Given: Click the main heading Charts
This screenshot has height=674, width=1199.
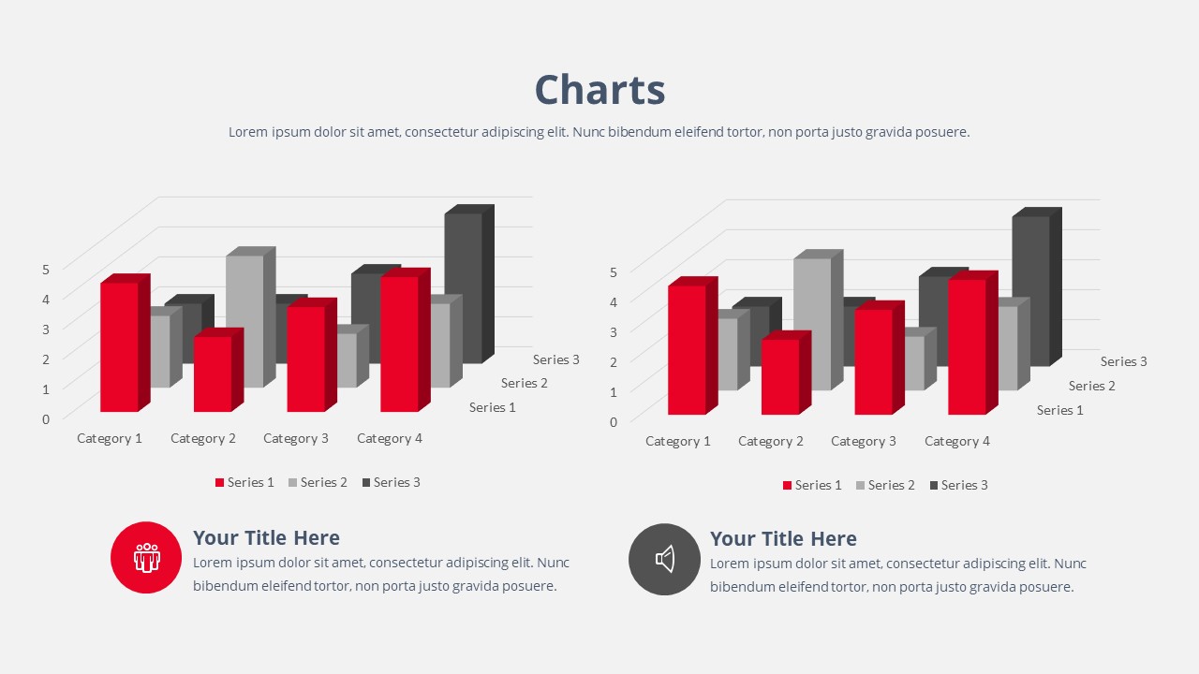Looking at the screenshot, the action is [x=599, y=90].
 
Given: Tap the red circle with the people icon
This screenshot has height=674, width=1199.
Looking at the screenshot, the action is [x=146, y=557].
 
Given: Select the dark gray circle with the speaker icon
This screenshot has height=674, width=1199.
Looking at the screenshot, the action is [x=664, y=559].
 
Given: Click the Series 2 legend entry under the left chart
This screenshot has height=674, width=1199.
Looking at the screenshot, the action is [x=318, y=482].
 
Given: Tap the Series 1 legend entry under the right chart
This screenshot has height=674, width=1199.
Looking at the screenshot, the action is [x=812, y=485].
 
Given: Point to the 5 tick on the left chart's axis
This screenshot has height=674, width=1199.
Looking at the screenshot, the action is [x=46, y=269].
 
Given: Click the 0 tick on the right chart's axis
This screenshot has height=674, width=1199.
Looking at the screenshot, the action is [x=614, y=422].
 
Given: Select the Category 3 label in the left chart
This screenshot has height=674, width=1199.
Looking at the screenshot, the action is [x=296, y=439].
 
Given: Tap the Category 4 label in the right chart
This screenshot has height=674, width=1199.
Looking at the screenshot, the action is [x=957, y=441].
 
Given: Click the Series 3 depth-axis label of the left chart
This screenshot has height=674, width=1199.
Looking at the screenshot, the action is [x=556, y=359].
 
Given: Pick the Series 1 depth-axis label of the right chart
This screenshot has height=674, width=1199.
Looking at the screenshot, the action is [x=1059, y=410].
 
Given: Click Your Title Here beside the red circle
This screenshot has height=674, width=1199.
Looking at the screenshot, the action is [x=266, y=537].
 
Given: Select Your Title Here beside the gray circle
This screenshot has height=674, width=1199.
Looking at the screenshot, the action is [x=783, y=538].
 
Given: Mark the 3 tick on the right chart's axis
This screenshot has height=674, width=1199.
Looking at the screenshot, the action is [x=614, y=332].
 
